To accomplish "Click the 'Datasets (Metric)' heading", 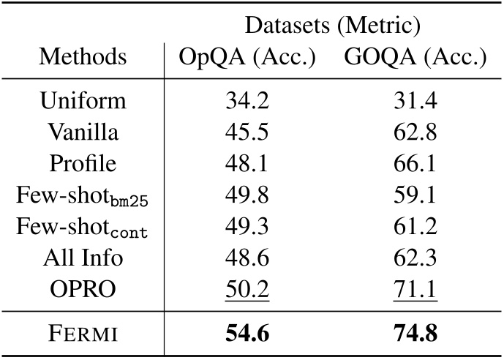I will tap(332, 26).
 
